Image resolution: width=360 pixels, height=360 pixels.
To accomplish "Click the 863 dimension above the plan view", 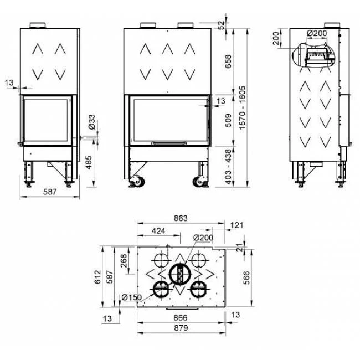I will tap(181, 218).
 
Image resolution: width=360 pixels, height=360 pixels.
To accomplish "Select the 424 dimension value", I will tap(158, 231).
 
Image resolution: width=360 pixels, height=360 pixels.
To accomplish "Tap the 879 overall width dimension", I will tap(181, 328).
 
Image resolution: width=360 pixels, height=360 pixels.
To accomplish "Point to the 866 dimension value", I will tap(181, 318).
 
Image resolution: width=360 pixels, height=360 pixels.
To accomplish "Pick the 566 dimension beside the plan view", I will tap(246, 276).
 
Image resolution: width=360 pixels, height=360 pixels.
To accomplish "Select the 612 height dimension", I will tap(97, 275).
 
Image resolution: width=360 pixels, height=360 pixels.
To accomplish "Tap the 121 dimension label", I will tap(236, 225).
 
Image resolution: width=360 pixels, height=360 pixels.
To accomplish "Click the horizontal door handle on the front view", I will tap(167, 143).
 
